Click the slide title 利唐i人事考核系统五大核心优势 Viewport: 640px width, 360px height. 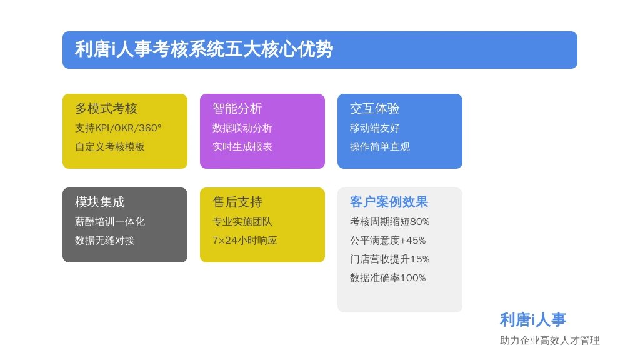(204, 49)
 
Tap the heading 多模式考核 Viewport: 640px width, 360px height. (106, 109)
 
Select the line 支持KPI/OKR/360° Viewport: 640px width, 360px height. (118, 128)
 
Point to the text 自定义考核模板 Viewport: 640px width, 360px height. (110, 147)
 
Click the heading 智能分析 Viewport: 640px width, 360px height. (237, 109)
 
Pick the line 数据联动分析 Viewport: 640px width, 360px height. (242, 128)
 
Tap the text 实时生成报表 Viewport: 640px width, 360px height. (242, 147)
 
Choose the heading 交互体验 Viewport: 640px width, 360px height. (375, 109)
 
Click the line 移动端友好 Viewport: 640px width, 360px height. (375, 128)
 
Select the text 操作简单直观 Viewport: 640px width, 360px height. (380, 147)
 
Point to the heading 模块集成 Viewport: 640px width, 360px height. (100, 202)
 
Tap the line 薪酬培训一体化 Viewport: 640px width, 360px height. (110, 222)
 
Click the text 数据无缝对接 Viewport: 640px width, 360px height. (105, 241)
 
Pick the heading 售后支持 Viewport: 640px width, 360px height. (237, 202)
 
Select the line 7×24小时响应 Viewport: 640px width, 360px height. (245, 241)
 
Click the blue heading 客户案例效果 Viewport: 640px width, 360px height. (389, 202)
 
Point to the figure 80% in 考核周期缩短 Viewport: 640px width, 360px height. (419, 222)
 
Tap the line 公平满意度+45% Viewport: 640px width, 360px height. (387, 241)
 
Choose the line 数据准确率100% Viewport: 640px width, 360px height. (387, 278)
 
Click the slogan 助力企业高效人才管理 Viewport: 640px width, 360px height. (550, 341)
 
